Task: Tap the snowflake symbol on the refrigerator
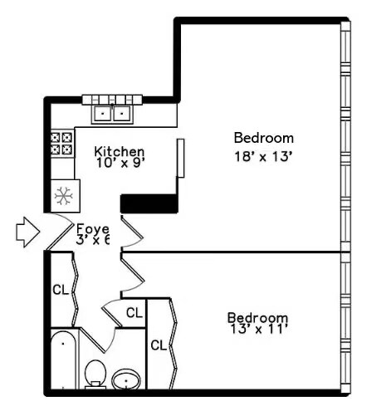point(62,196)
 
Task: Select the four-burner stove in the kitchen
point(62,144)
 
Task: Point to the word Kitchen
point(120,152)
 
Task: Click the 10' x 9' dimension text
point(120,164)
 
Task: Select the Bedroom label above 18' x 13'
point(263,138)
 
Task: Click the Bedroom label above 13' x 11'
point(258,317)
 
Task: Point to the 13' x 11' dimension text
point(258,330)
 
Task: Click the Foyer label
point(92,229)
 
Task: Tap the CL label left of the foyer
point(60,290)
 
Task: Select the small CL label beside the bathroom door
point(134,313)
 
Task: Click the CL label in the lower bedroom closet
point(159,344)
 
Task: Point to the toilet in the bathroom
point(95,374)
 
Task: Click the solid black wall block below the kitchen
point(150,203)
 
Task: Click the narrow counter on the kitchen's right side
point(180,157)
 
